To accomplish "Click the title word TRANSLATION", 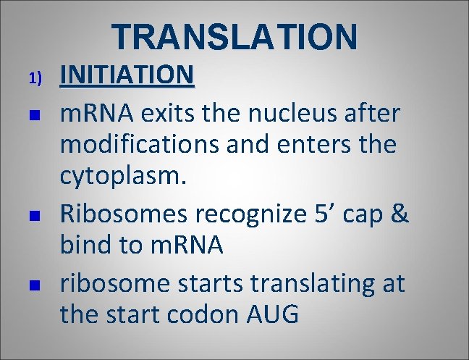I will (234, 36).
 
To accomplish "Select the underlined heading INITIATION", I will (127, 75).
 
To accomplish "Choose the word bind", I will (86, 246).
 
